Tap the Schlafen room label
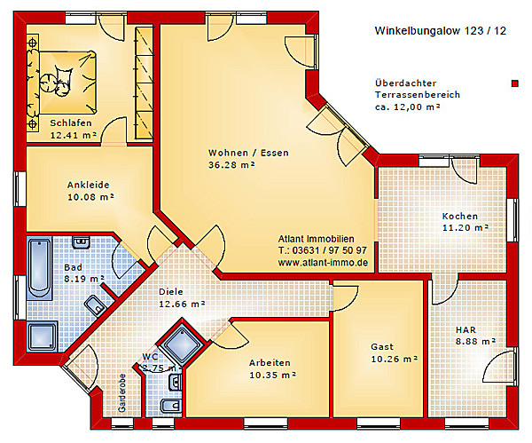coord(72,123)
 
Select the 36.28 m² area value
coord(231,165)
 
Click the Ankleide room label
coord(89,185)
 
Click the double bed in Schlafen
coord(64,75)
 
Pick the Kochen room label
coord(461,216)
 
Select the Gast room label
coord(382,346)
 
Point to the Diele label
coord(171,291)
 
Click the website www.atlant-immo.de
coord(323,263)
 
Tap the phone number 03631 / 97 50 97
coord(329,251)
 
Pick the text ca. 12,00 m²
coord(408,107)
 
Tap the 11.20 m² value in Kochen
coord(466,227)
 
